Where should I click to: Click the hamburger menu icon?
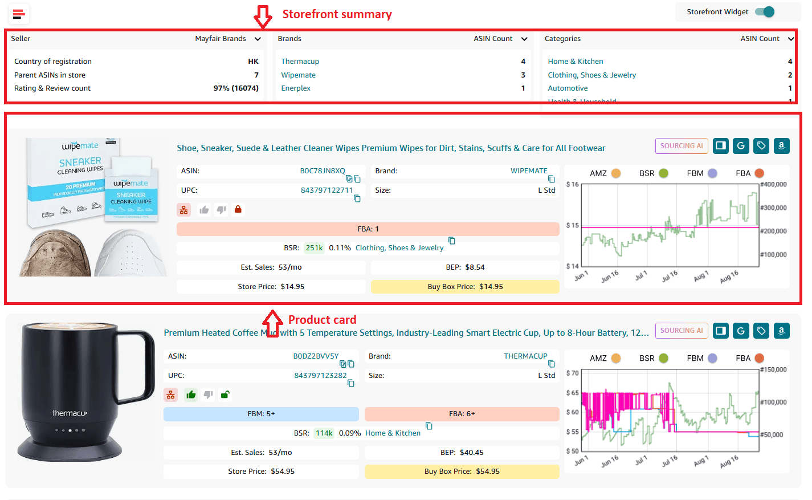[19, 14]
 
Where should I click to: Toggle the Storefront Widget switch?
[765, 12]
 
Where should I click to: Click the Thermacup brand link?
[300, 62]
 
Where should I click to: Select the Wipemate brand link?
[298, 75]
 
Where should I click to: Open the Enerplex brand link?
[296, 88]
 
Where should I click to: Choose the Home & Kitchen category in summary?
[576, 62]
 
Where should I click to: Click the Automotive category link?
[568, 88]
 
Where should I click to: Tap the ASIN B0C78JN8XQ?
[323, 171]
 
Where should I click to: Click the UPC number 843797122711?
[327, 190]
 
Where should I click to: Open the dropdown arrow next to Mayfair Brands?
[258, 39]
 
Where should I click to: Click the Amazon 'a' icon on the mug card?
[781, 331]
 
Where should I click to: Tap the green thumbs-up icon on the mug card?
[191, 395]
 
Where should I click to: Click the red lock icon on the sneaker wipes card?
[238, 209]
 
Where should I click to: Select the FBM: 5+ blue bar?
[261, 414]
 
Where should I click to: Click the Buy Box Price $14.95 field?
[465, 287]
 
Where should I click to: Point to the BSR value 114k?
[324, 433]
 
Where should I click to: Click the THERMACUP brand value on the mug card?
[525, 356]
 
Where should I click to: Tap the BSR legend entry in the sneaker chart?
[653, 173]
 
